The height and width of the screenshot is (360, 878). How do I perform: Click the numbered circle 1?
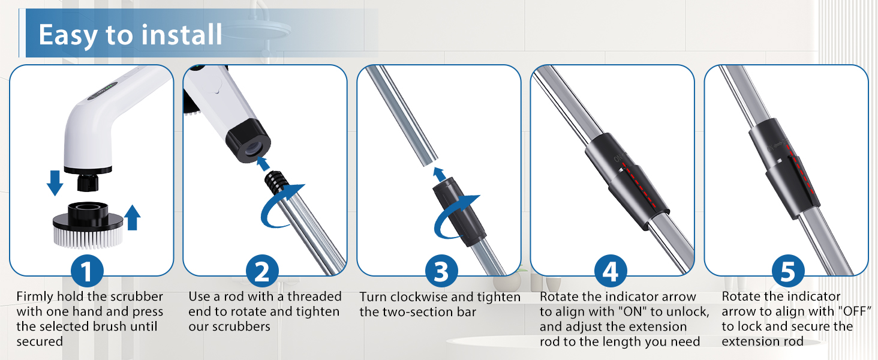coord(87,271)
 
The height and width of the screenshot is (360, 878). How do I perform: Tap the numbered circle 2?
coord(262,271)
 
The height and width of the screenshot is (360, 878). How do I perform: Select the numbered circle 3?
coord(441,271)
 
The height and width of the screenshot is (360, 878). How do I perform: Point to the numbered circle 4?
coord(611,271)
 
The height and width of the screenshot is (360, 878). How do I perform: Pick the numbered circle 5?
coord(788,271)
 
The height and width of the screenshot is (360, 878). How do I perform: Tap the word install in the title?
coord(181,35)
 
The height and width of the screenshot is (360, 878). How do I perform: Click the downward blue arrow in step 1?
coord(55,183)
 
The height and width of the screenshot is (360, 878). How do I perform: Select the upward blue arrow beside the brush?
coord(132,217)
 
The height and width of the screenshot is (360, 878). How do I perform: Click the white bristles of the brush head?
coord(88,237)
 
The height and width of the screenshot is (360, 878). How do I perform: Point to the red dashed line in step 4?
coord(639,184)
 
